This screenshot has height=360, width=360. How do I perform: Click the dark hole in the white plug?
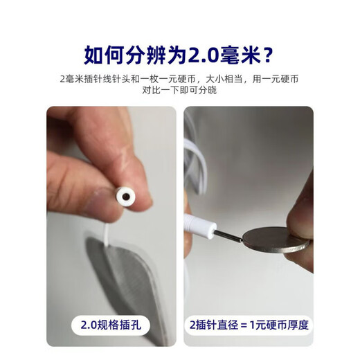126,197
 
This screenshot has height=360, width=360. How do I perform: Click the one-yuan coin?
276,240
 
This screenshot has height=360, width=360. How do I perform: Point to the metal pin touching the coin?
228,236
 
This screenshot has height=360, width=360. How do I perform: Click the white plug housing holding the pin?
199,226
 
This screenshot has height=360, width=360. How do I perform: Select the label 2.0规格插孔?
111,325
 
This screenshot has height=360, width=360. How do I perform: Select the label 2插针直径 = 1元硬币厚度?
249,325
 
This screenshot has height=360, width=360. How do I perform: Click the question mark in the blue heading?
268,55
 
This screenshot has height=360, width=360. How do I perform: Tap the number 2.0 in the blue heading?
203,56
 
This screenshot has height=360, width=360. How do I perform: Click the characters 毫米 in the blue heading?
240,55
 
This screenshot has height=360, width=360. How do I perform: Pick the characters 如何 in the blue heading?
105,55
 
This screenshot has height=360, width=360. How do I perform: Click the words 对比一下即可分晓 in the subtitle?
179,90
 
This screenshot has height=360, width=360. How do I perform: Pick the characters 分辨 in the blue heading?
146,55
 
